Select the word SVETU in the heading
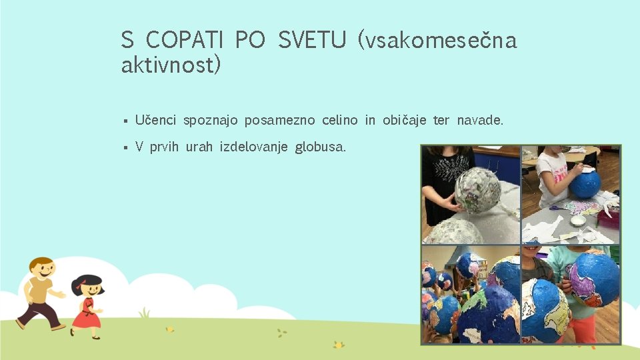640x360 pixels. [x=312, y=41]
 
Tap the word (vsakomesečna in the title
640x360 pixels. [x=437, y=41]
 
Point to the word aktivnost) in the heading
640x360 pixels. [x=171, y=65]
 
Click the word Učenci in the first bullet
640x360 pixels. [x=155, y=120]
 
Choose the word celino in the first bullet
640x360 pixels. [x=339, y=120]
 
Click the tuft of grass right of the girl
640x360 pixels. [x=143, y=312]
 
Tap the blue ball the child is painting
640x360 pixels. [x=585, y=183]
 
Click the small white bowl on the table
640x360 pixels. [x=578, y=219]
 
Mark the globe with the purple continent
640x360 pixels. [x=592, y=277]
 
